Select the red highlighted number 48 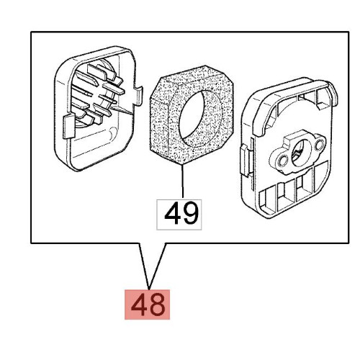(x=147, y=305)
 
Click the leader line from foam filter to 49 (x=183, y=181)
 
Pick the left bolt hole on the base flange (x=284, y=158)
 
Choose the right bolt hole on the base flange (x=319, y=145)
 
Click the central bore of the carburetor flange (x=300, y=153)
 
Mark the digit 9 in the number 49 (x=191, y=215)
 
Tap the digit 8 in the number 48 (x=157, y=305)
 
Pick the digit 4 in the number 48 (x=139, y=305)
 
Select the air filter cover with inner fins (x=99, y=109)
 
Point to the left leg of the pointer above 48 (x=145, y=266)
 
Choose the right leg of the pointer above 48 (x=158, y=266)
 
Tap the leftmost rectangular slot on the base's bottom (x=268, y=201)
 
